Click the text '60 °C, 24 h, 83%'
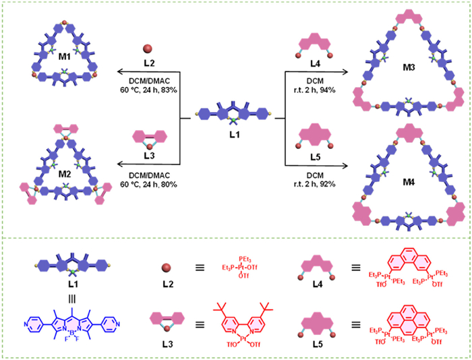147,90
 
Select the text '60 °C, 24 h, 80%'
147,202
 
